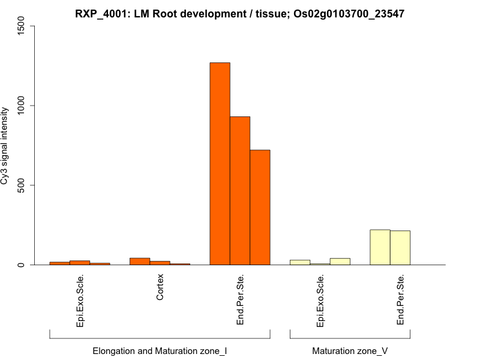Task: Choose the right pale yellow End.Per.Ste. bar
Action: point(400,248)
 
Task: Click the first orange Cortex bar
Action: point(140,261)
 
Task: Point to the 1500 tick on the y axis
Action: point(31,26)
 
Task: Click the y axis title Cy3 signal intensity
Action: point(5,145)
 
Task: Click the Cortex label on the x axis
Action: point(160,287)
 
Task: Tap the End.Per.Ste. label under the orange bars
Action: point(240,300)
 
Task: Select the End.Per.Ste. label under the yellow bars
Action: point(400,300)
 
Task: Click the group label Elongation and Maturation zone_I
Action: point(160,350)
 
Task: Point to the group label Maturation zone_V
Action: point(350,350)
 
